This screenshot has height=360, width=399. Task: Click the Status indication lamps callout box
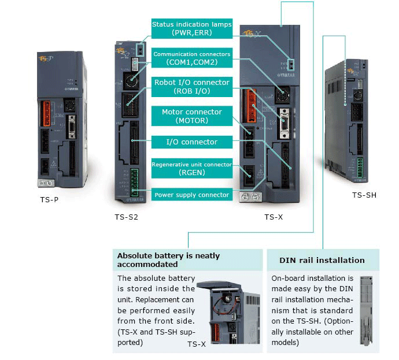[191, 29]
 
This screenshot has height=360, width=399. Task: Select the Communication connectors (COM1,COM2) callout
[191, 58]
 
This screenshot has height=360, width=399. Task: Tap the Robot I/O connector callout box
[191, 86]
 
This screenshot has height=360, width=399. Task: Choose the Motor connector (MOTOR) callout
[191, 116]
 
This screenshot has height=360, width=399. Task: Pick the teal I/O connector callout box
[191, 142]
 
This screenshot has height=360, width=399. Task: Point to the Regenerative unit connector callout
[191, 168]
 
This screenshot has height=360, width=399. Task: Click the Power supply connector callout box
[191, 195]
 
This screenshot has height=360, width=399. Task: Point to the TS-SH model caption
[364, 195]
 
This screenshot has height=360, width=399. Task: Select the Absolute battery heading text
[168, 260]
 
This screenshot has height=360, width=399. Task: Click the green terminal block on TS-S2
[134, 179]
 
